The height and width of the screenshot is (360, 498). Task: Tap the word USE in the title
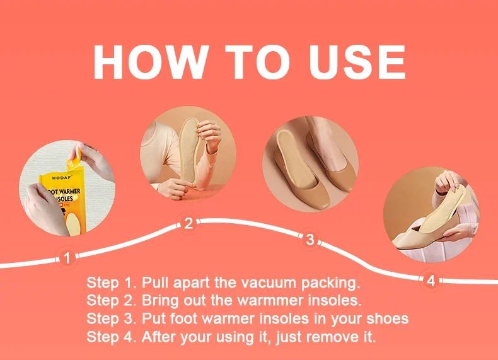(x=357, y=62)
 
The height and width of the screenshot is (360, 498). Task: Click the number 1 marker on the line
(x=67, y=258)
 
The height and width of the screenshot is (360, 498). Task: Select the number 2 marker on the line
(x=188, y=223)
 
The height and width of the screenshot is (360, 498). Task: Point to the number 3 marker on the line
(x=310, y=239)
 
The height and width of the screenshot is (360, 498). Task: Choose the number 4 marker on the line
(x=431, y=281)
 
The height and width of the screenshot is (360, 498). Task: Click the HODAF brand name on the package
(x=62, y=178)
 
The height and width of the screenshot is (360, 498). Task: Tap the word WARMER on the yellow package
(x=69, y=192)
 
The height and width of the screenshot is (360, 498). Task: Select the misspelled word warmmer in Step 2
(x=271, y=300)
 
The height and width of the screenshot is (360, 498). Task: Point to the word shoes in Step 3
(x=388, y=318)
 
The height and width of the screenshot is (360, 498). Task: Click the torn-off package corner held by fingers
(x=76, y=161)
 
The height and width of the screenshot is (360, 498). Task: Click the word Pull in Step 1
(x=155, y=282)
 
